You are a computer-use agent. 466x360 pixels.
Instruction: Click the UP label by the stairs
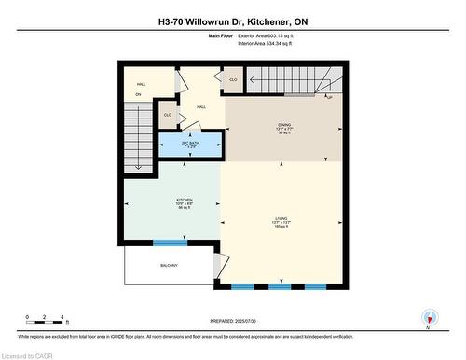pos(329,96)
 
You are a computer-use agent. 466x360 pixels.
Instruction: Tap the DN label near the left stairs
pos(138,95)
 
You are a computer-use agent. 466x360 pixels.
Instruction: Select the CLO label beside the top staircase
pos(233,80)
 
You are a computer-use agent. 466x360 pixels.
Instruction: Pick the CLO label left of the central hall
pos(168,115)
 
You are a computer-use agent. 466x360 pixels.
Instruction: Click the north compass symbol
pos(429,319)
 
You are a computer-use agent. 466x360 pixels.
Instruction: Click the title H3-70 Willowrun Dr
pos(232,21)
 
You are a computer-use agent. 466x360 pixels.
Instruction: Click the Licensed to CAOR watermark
pos(29,353)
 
